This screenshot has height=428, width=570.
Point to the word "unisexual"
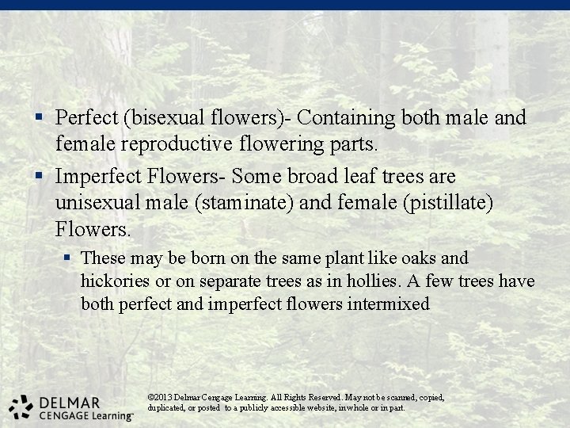click(x=97, y=204)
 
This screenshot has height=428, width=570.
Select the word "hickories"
click(x=114, y=281)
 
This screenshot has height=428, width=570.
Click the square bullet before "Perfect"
click(x=38, y=118)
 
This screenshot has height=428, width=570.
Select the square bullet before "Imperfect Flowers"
click(x=38, y=176)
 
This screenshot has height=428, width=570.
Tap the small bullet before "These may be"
click(x=68, y=258)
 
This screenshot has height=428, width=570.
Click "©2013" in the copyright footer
click(x=160, y=397)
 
